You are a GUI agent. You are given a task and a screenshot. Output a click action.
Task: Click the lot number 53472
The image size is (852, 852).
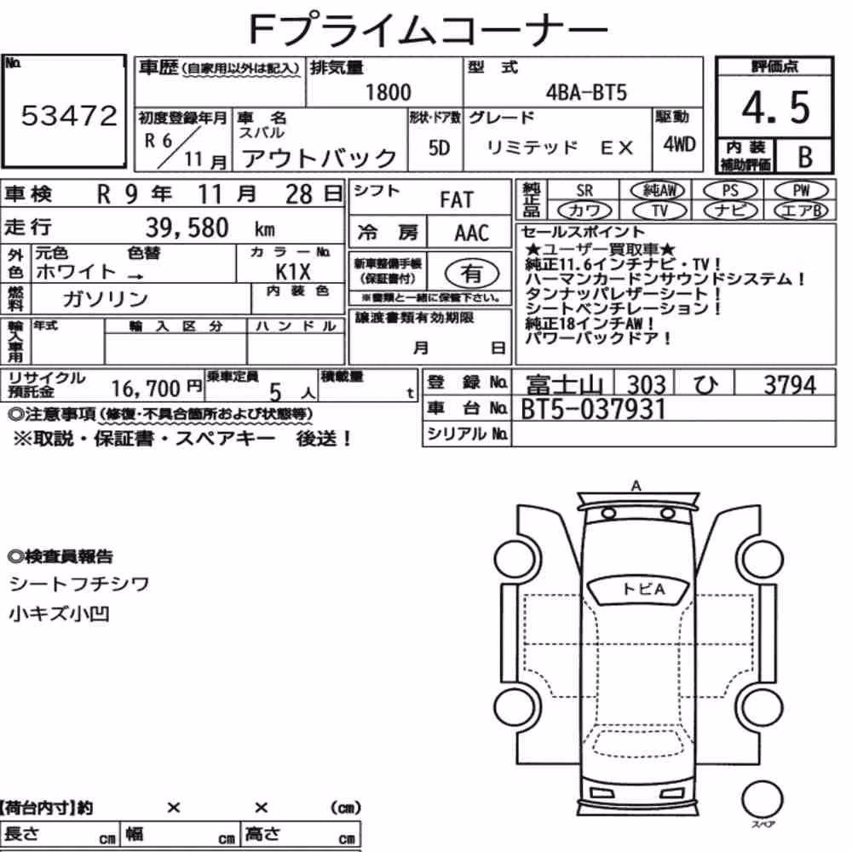click(69, 115)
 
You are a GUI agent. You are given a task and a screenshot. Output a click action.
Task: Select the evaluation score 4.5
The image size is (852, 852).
click(775, 107)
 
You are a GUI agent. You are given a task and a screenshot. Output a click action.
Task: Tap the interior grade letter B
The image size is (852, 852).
click(805, 157)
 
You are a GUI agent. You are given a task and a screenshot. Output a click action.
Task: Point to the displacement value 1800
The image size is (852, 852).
click(388, 92)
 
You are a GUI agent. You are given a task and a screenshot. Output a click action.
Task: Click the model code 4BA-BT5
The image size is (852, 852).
click(586, 92)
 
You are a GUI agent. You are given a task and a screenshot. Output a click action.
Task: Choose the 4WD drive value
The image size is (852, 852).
click(679, 144)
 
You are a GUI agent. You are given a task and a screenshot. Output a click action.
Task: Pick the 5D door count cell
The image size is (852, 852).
click(439, 147)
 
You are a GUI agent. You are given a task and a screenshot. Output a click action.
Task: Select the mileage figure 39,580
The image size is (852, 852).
click(187, 227)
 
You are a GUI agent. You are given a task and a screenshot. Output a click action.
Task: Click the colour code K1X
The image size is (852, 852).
click(293, 271)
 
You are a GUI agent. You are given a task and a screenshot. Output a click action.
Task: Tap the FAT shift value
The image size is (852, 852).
click(457, 200)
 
